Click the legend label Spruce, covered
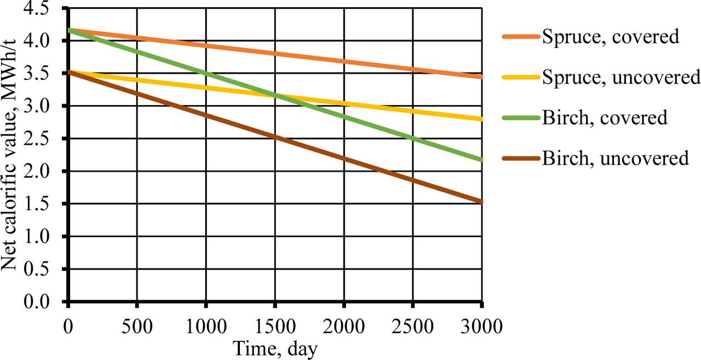coord(610,37)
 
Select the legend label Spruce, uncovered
coord(621,77)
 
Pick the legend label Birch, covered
coord(605,118)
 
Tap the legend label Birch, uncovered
coord(615,158)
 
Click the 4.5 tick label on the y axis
coord(45,9)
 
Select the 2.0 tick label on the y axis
coord(45,172)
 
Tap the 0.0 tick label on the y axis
coord(45,302)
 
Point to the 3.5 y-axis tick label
coord(45,74)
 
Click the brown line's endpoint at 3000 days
coord(481,202)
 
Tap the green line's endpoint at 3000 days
coord(481,160)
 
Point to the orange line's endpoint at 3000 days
coord(481,77)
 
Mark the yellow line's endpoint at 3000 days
coord(481,118)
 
